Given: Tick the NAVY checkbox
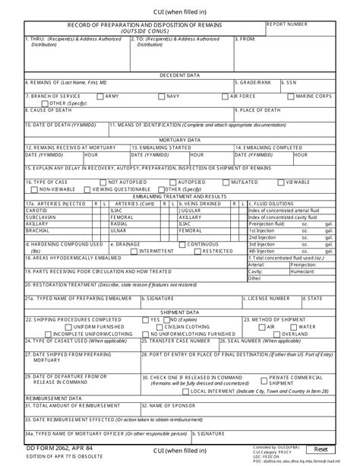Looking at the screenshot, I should tap(162, 97).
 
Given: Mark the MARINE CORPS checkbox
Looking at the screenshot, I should tap(291, 97).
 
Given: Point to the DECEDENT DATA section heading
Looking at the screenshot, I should tap(179, 75).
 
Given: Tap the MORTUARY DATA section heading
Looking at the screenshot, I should tap(179, 140).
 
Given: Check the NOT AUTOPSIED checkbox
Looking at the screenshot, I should tap(103, 182).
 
